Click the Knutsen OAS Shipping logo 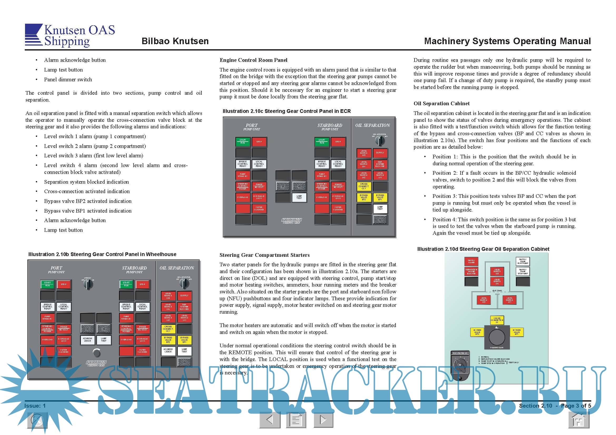[70, 35]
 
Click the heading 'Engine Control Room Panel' [253, 60]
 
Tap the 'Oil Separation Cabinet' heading [441, 103]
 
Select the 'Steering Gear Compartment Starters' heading [264, 255]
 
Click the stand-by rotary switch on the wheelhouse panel [88, 284]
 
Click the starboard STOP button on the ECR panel [338, 142]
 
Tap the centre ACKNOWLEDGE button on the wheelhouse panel [87, 340]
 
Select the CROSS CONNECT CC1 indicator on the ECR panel [363, 186]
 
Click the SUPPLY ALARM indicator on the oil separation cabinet [471, 261]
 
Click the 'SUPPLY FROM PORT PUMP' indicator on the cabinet [523, 261]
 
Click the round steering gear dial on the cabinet [497, 337]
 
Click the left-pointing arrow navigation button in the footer [270, 419]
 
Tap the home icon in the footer [579, 420]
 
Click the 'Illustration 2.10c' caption [287, 111]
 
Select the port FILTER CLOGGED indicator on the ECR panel [259, 208]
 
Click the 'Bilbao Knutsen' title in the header [175, 41]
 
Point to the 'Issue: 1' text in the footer [35, 406]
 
